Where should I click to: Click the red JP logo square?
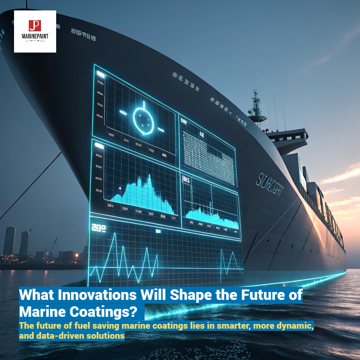(35, 26)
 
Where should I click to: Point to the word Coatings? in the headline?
(108, 311)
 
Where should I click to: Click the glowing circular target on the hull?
(144, 117)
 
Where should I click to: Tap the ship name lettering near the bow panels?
(269, 185)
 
